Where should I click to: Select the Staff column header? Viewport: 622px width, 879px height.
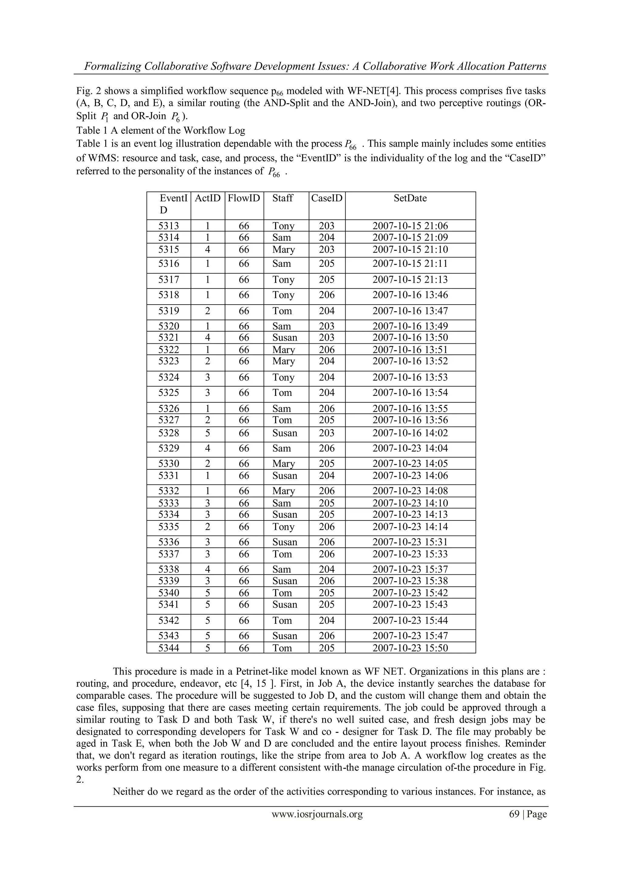[283, 198]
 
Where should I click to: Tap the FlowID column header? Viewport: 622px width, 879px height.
[244, 198]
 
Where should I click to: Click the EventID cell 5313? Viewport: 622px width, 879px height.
[169, 226]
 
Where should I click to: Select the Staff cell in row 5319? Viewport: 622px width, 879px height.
[282, 311]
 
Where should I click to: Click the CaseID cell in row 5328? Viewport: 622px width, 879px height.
[327, 433]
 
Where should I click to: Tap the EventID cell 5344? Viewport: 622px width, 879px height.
[169, 648]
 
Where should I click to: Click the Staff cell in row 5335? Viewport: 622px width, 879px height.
[283, 527]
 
